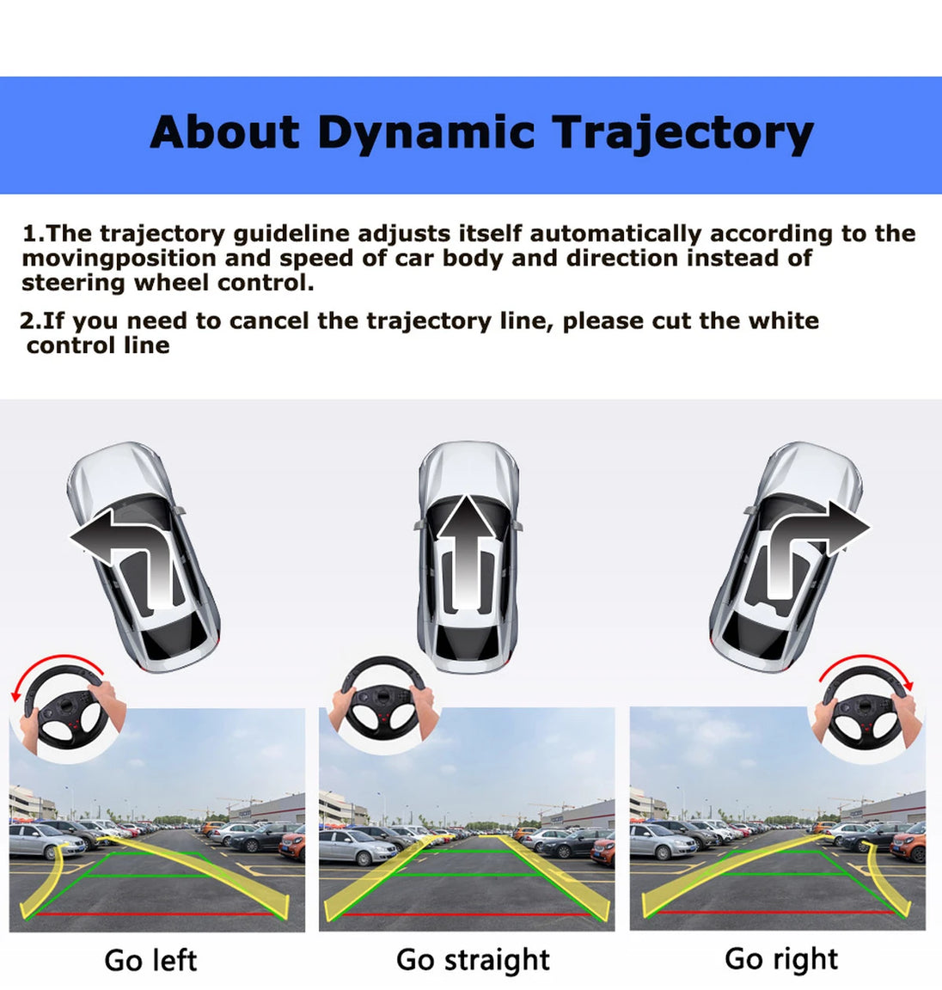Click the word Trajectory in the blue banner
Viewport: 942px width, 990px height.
[683, 133]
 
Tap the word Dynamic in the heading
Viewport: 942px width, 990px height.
[425, 134]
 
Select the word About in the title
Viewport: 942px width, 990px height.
[224, 132]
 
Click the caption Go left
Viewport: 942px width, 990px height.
[150, 960]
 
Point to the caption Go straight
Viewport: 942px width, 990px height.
[473, 960]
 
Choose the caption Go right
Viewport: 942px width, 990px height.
[781, 959]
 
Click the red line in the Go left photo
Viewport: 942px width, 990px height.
[155, 914]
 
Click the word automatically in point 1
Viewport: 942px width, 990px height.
[615, 234]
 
